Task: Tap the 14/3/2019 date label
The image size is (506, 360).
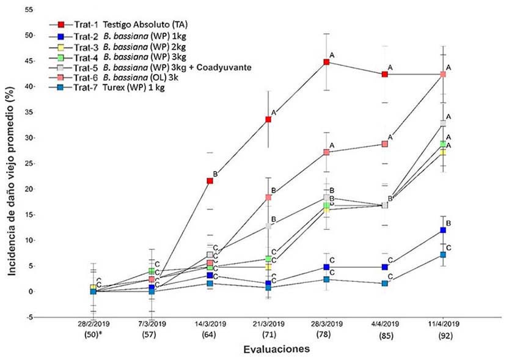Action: point(210,323)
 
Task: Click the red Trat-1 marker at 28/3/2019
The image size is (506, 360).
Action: point(327,62)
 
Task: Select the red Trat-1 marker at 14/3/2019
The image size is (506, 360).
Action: point(210,181)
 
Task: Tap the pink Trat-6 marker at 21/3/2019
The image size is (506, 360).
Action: point(268,197)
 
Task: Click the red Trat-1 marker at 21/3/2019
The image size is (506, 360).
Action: point(268,119)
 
